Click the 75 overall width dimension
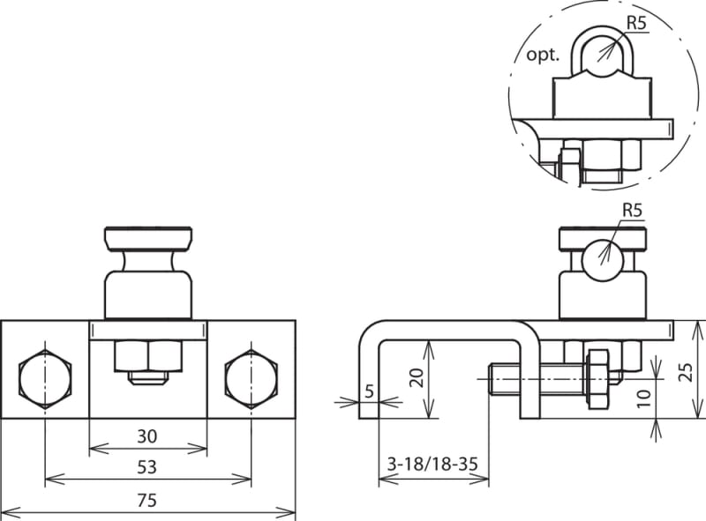click(147, 500)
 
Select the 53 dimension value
click(147, 467)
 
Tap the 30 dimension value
click(147, 436)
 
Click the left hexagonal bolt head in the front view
click(45, 378)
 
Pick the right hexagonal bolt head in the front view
click(251, 378)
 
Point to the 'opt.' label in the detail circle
click(543, 56)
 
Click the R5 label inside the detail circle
click(636, 24)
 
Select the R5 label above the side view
click(633, 210)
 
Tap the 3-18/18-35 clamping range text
click(432, 464)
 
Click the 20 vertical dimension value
click(418, 377)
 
